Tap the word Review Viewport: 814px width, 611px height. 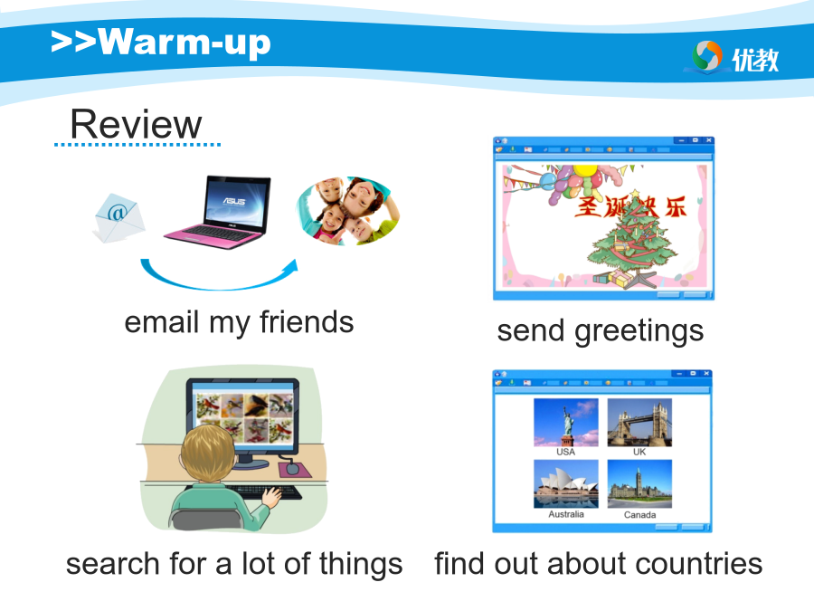click(x=136, y=125)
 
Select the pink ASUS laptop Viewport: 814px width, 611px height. click(x=217, y=212)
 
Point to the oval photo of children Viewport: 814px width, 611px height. click(x=348, y=211)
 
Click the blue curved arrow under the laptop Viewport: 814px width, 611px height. click(x=218, y=286)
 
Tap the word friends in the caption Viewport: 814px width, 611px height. click(x=307, y=322)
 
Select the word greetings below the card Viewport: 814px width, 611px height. click(x=639, y=332)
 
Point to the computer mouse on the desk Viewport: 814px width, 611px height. click(x=292, y=468)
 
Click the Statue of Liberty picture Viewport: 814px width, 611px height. click(x=566, y=423)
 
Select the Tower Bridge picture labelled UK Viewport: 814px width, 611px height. click(x=639, y=423)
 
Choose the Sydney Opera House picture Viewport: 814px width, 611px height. click(x=566, y=483)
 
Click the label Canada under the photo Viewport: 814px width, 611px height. click(x=639, y=515)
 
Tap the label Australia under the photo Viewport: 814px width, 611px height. click(x=566, y=514)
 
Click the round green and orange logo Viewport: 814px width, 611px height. click(x=707, y=56)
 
